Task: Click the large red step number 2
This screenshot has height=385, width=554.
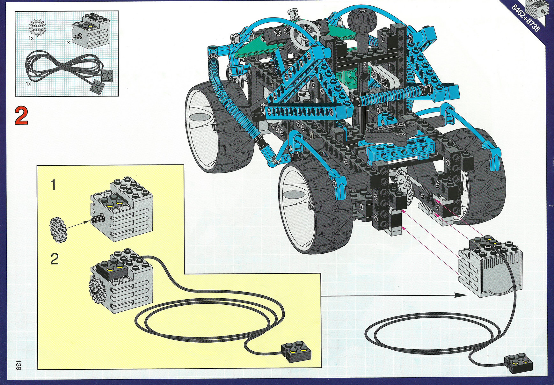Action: (x=21, y=116)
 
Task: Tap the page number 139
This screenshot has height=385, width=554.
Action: (x=18, y=365)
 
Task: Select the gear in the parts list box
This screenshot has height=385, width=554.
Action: (x=37, y=28)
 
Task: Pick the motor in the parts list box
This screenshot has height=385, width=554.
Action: (x=91, y=31)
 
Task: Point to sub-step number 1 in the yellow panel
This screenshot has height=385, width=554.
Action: (x=54, y=185)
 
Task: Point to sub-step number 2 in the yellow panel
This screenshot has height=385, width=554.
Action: (x=54, y=259)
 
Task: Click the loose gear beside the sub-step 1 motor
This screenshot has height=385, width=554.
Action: (x=58, y=230)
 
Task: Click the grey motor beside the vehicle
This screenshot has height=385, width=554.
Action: (x=490, y=266)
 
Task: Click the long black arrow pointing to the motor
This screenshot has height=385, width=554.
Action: (x=394, y=295)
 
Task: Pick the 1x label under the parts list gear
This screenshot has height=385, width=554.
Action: (x=31, y=38)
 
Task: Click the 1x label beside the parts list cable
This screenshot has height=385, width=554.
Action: (x=29, y=84)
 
